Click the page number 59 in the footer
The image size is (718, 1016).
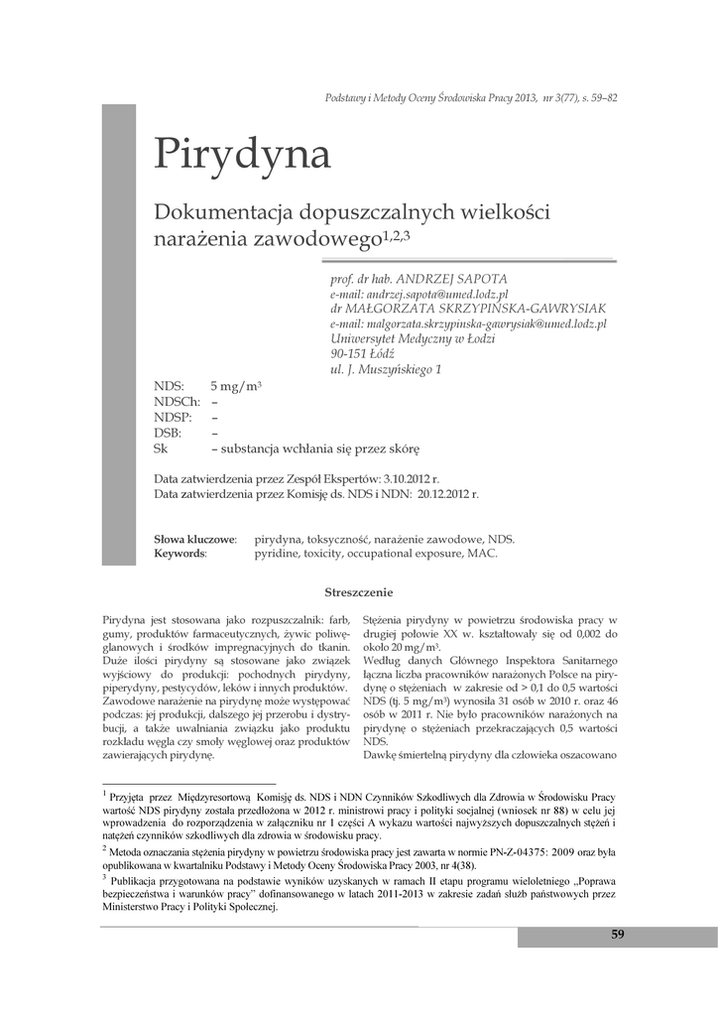618,935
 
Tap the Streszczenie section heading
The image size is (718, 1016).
359,592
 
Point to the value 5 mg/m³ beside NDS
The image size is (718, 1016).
236,385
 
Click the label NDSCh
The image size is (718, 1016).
177,401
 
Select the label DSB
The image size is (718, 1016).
168,433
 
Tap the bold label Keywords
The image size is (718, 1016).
179,554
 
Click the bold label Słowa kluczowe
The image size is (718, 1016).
194,539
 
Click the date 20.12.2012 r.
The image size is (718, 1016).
448,492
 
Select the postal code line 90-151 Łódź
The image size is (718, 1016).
362,353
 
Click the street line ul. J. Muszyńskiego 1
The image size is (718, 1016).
386,369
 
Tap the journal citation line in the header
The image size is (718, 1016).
471,97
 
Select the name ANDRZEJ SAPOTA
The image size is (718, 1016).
452,280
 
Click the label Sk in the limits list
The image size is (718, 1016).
161,448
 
